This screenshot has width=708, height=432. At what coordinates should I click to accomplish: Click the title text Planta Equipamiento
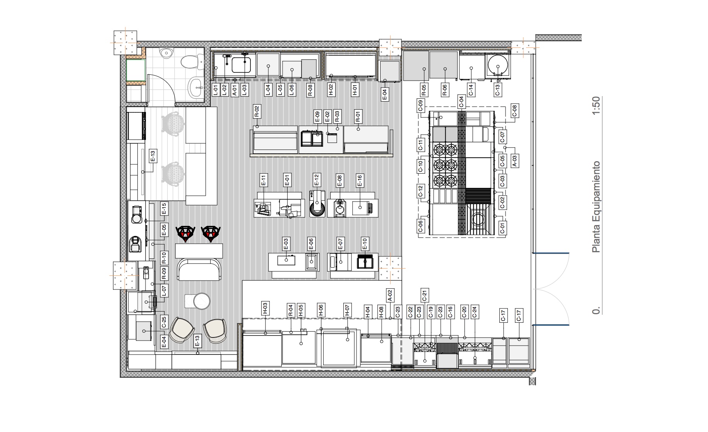[x=596, y=207]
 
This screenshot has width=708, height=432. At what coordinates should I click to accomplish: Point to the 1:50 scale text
[x=596, y=105]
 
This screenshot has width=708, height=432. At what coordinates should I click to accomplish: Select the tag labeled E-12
[x=316, y=180]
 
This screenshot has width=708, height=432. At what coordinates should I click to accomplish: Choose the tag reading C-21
[x=425, y=295]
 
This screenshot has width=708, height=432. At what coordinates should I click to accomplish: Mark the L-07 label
[x=164, y=291]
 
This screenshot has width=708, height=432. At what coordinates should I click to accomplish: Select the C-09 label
[x=421, y=106]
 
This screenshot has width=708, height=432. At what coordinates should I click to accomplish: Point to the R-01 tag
[x=358, y=115]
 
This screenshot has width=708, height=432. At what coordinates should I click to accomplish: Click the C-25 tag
[x=164, y=322]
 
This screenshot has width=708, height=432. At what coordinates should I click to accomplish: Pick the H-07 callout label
[x=347, y=310]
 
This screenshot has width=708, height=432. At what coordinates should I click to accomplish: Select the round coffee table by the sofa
[x=201, y=301]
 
